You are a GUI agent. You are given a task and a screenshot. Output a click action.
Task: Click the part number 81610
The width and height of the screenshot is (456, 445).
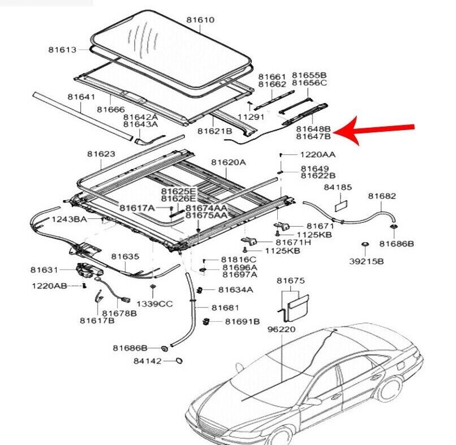201,20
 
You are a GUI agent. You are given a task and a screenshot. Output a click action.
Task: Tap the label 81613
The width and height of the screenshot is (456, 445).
62,50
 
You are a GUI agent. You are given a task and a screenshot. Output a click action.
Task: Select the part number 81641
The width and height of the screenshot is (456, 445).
81,97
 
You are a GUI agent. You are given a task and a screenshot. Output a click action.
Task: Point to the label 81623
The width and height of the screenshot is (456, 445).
101,154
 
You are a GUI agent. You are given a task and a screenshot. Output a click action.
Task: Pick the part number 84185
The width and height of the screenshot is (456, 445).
338,186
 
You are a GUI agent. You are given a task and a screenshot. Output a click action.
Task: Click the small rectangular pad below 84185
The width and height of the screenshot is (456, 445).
341,204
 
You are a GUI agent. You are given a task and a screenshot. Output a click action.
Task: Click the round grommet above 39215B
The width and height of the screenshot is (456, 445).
365,244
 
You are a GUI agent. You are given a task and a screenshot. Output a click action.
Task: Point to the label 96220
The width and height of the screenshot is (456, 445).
281,328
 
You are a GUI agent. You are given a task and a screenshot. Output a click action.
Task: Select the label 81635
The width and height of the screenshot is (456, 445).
124,256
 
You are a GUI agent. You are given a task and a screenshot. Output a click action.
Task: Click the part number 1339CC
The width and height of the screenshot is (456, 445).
154,304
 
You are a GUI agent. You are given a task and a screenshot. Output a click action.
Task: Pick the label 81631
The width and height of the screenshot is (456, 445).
45,270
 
